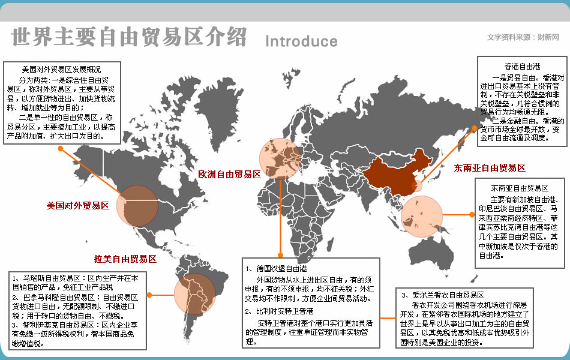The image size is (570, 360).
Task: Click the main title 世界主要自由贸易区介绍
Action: (x=128, y=37)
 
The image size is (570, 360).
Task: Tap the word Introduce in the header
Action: (x=301, y=41)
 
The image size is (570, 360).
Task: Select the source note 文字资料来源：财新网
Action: (x=523, y=37)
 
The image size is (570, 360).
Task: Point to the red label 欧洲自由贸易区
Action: (x=229, y=175)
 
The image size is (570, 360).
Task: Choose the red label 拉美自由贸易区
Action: (x=125, y=259)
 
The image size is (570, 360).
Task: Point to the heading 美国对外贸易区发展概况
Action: (x=61, y=68)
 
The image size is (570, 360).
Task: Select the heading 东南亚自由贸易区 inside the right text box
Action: (x=519, y=188)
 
